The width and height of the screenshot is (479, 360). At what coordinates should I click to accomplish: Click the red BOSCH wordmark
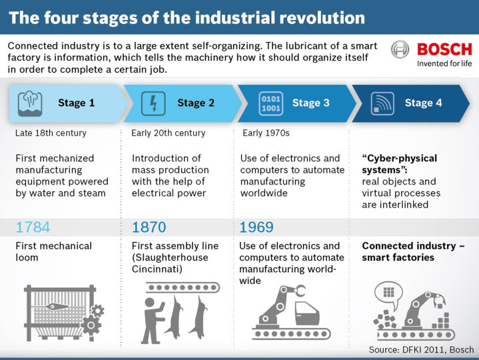click(x=444, y=49)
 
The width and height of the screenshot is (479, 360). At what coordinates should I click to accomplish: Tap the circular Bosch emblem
click(x=400, y=49)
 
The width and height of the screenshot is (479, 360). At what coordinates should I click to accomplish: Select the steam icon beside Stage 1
click(x=30, y=103)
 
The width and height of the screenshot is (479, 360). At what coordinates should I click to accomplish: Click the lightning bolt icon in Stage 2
click(x=153, y=103)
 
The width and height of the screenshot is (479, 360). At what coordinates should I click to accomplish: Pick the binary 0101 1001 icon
click(x=270, y=103)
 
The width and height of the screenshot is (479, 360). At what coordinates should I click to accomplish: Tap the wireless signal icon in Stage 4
click(x=382, y=103)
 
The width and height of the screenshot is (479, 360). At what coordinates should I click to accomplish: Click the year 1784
click(x=33, y=227)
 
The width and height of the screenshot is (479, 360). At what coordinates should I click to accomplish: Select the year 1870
click(x=149, y=227)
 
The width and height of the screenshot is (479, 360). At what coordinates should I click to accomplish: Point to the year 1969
click(x=256, y=227)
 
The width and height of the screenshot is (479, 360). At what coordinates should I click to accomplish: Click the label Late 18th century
click(x=51, y=133)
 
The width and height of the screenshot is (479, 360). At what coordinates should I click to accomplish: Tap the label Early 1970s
click(x=266, y=133)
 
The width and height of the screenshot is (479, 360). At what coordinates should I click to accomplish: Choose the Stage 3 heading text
click(x=310, y=103)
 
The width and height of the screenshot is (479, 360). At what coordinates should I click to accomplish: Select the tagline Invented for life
click(x=444, y=63)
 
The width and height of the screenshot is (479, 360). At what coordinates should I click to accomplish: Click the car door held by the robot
click(x=307, y=313)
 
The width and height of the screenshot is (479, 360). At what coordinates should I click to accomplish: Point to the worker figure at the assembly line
click(x=153, y=320)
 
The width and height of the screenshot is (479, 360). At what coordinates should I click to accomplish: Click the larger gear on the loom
click(x=91, y=325)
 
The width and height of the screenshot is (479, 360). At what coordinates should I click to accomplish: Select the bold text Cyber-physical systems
click(x=400, y=164)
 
